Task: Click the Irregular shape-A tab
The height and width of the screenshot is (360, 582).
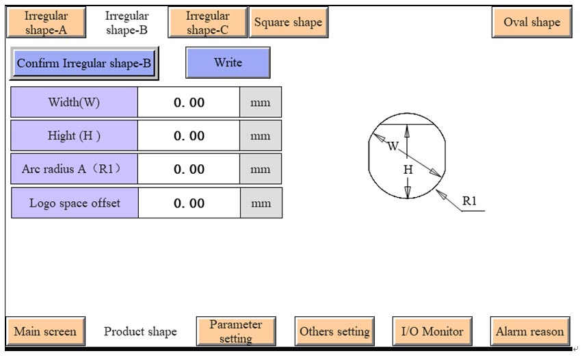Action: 47,23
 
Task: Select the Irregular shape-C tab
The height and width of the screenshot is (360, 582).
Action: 207,23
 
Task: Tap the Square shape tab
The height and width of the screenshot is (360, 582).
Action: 288,23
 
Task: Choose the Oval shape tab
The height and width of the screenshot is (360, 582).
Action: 531,23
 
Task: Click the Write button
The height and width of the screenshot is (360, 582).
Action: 228,63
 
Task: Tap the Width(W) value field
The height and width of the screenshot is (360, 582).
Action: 189,103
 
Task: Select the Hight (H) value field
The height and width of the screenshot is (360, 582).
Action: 189,136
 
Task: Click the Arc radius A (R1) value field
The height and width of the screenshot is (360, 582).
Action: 189,169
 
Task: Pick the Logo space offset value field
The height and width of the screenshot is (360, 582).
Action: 189,203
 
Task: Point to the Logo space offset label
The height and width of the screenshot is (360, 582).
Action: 75,203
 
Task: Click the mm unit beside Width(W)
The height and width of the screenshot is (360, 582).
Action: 260,103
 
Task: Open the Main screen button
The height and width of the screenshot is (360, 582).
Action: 46,332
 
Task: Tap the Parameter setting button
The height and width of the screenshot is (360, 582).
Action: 235,332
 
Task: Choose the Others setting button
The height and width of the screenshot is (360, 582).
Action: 334,332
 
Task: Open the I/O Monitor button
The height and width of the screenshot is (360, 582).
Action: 432,332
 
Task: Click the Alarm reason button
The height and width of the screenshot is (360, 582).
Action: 530,332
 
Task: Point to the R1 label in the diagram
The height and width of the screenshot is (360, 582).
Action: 469,201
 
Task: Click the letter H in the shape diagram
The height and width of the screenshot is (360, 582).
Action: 408,169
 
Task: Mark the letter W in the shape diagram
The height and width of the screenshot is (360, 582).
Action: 392,146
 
